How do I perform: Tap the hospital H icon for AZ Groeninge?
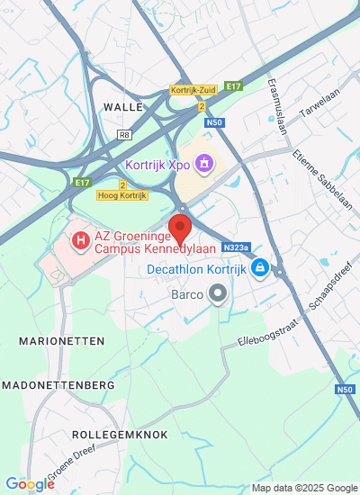coord(79,240)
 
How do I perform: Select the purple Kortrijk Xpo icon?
coord(204,164)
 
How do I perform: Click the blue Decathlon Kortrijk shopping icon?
coord(260,267)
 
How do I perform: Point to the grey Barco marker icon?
coord(217,293)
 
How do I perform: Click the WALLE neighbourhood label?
coord(123,106)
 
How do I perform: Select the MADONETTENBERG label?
coord(58,384)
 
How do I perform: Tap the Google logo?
coord(30,484)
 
